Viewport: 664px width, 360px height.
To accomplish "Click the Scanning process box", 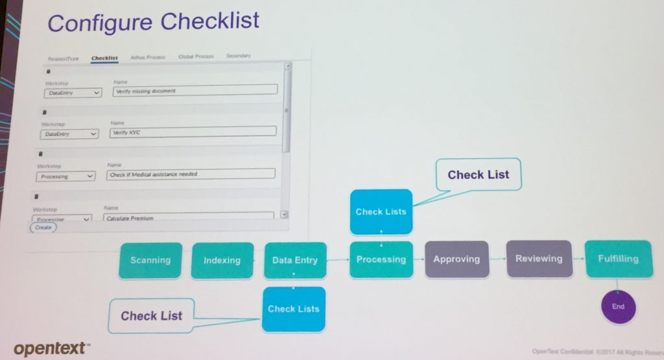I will (150, 260).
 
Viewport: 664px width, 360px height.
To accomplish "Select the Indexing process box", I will (222, 260).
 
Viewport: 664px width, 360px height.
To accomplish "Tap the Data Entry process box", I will (294, 260).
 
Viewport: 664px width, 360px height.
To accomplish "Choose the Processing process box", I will (381, 259).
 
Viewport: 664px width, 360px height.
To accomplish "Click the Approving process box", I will (456, 259).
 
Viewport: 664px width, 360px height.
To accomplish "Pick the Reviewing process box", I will (538, 258).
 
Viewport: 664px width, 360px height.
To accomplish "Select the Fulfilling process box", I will (617, 258).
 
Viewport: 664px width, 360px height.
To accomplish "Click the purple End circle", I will (618, 306).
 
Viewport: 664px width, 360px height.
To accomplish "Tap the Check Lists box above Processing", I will (381, 211).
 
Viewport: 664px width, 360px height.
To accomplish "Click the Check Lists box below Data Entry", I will (294, 309).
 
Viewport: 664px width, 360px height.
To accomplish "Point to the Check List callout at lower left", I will (152, 316).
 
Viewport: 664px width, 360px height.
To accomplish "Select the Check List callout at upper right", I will (478, 174).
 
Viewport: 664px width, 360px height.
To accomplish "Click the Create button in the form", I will (43, 227).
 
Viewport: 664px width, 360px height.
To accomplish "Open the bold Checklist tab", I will (104, 58).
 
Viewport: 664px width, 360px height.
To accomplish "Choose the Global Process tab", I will (195, 56).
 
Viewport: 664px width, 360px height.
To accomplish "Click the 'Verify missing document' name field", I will (194, 91).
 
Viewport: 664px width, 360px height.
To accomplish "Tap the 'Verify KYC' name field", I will (193, 132).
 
